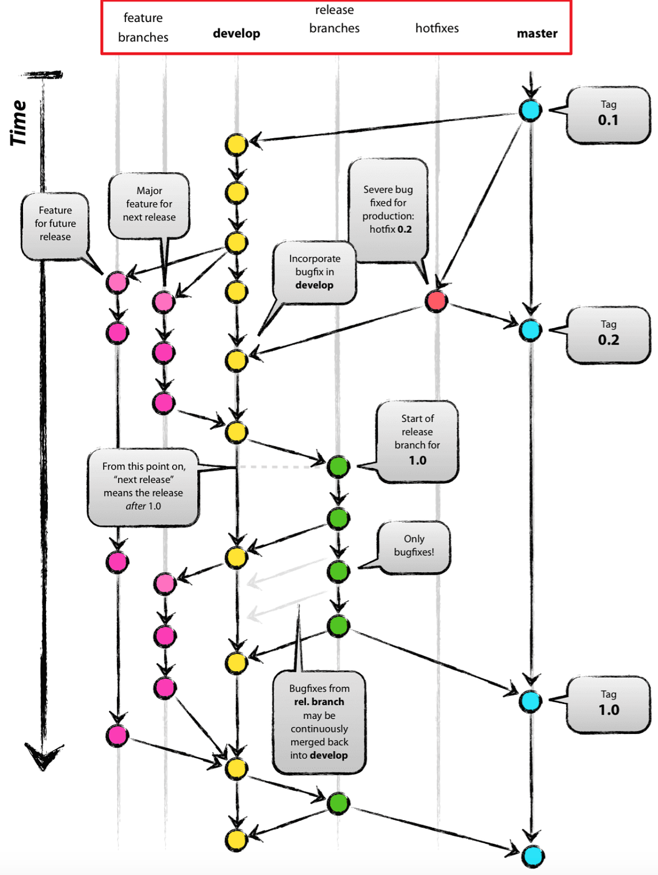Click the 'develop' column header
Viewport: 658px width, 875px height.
point(236,33)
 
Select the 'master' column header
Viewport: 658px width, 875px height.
point(537,33)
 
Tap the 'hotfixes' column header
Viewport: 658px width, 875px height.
point(436,28)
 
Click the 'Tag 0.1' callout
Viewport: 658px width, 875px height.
point(608,115)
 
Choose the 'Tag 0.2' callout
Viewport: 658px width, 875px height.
point(608,334)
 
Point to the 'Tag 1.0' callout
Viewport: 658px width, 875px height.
point(608,704)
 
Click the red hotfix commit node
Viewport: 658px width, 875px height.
point(436,301)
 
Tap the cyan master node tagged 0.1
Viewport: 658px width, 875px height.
point(530,110)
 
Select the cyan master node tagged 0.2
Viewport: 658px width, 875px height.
point(530,330)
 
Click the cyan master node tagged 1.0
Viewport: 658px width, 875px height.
point(530,701)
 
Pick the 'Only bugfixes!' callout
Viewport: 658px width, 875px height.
point(413,546)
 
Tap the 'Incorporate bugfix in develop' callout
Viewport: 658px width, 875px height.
point(315,272)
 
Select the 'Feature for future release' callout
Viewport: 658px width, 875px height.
point(55,224)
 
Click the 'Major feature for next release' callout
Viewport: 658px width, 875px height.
point(149,205)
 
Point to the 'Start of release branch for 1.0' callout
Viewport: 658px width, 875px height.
point(417,441)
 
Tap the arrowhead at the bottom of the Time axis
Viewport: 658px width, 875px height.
point(43,758)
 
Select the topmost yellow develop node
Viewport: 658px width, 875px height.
point(236,144)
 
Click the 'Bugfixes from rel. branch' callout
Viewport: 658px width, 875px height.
point(319,721)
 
